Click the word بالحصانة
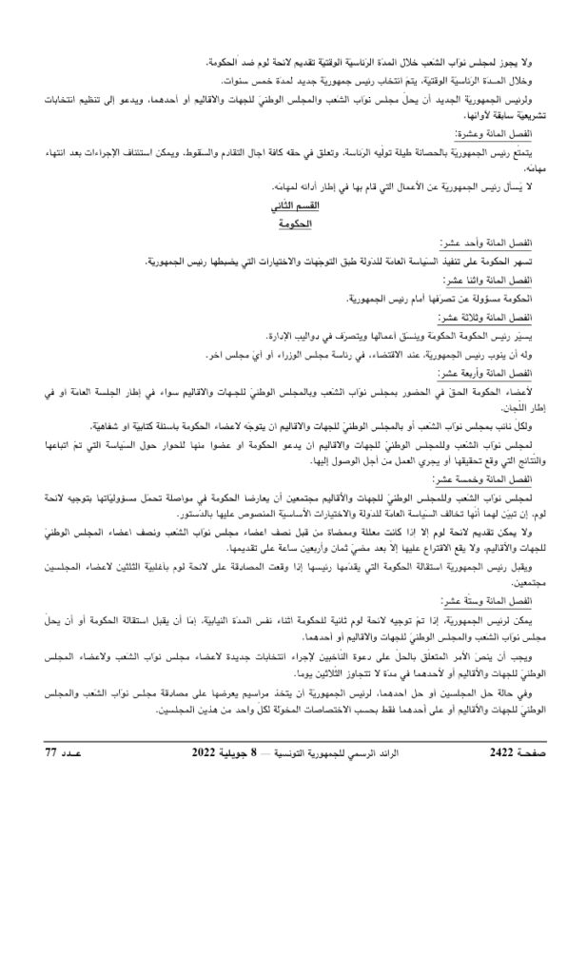coord(439,152)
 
